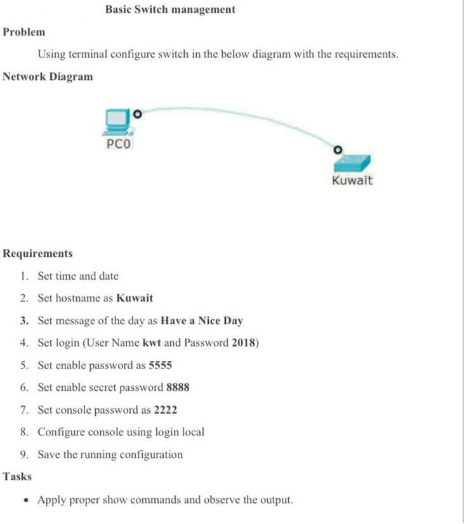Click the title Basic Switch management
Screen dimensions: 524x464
click(x=170, y=10)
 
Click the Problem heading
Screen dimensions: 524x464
click(x=24, y=32)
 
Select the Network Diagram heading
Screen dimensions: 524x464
click(x=48, y=77)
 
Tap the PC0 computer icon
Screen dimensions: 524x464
click(x=117, y=121)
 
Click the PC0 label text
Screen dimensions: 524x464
click(x=118, y=144)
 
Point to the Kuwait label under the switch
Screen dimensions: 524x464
click(x=352, y=180)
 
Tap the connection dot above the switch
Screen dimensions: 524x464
click(x=338, y=150)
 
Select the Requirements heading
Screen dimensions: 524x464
click(x=37, y=253)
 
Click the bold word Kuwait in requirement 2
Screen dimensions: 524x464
click(x=135, y=298)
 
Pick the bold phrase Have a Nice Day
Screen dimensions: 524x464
click(x=202, y=320)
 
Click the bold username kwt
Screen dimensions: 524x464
click(x=151, y=343)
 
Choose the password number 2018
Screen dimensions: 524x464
click(x=244, y=343)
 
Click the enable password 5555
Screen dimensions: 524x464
click(x=160, y=365)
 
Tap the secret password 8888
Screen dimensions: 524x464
click(x=178, y=388)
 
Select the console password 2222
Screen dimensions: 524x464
click(x=165, y=410)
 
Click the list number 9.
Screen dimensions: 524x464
click(x=23, y=455)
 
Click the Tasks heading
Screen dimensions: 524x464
click(x=17, y=476)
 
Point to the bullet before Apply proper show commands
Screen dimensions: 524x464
click(x=24, y=500)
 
